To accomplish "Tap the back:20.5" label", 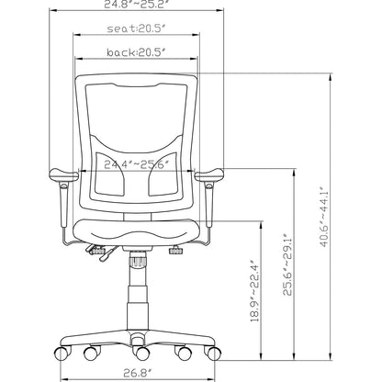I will click(137, 53).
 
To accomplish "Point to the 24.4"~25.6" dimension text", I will click(138, 165).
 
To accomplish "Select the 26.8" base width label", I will click(137, 373).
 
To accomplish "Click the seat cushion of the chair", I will click(138, 234).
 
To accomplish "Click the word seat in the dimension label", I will click(120, 30).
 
